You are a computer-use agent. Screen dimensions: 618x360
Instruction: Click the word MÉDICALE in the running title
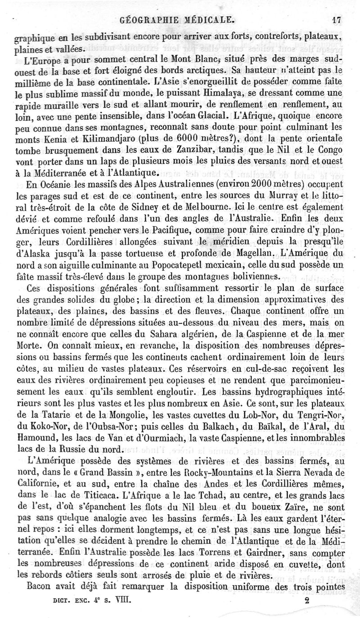[205, 20]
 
